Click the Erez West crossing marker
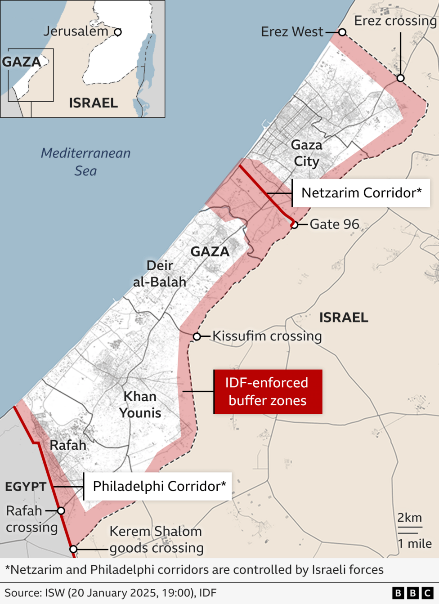pyautogui.click(x=342, y=32)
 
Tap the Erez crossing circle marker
pyautogui.click(x=400, y=78)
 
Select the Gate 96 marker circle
pyautogui.click(x=294, y=224)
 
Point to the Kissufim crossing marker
pyautogui.click(x=197, y=336)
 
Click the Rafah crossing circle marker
pyautogui.click(x=61, y=510)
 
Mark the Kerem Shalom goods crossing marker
pyautogui.click(x=73, y=549)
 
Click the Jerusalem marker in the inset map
pyautogui.click(x=118, y=32)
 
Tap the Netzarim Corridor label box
pyautogui.click(x=361, y=193)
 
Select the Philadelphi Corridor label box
pyautogui.click(x=158, y=486)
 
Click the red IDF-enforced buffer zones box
pyautogui.click(x=268, y=392)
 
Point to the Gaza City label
pyautogui.click(x=307, y=153)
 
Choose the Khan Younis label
pyautogui.click(x=140, y=405)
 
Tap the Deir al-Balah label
pyautogui.click(x=160, y=273)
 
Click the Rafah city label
pyautogui.click(x=68, y=445)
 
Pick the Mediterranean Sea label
pyautogui.click(x=85, y=162)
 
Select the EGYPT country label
pyautogui.click(x=26, y=487)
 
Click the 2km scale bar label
pyautogui.click(x=409, y=518)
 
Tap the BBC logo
pyautogui.click(x=412, y=593)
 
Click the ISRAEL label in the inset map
pyautogui.click(x=93, y=103)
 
